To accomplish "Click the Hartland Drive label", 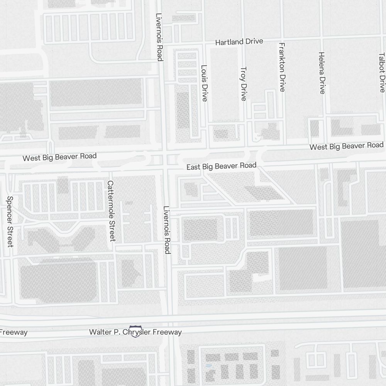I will click(x=239, y=42).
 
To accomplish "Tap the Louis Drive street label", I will click(x=204, y=83).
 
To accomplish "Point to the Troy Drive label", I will click(x=243, y=84).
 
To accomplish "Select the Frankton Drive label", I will click(x=282, y=67).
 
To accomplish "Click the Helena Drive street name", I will click(x=322, y=73).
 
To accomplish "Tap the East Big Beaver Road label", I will click(x=221, y=166).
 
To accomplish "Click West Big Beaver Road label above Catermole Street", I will click(x=59, y=157).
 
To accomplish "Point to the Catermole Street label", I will click(x=111, y=211).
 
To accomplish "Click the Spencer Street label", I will click(x=10, y=222).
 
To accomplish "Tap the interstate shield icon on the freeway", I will click(x=135, y=331).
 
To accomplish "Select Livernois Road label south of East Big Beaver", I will click(x=167, y=230).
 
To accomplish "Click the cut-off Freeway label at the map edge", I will click(x=14, y=332).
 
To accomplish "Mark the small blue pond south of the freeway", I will click(x=209, y=365).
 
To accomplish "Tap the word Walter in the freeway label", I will click(x=99, y=332).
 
